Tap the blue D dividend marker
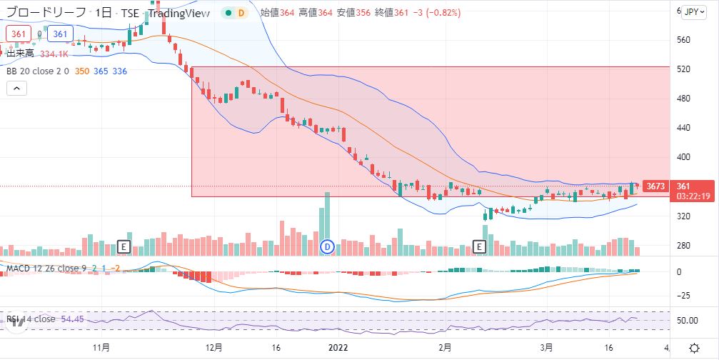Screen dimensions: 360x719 coord(328,246)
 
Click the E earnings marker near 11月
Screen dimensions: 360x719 coord(123,246)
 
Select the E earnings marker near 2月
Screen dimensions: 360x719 coord(480,246)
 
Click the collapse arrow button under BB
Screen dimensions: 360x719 coord(16,89)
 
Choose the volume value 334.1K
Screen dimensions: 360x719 coord(54,54)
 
